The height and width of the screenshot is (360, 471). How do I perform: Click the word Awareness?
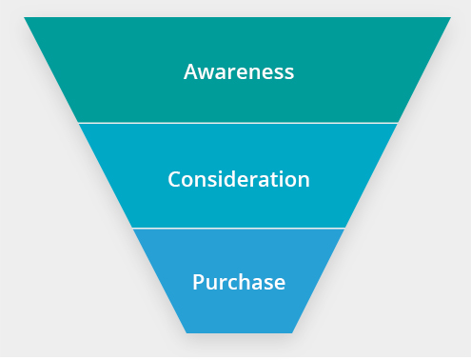pos(239,71)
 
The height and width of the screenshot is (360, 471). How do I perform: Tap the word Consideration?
pos(239,178)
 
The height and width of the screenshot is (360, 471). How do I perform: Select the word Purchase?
pos(239,282)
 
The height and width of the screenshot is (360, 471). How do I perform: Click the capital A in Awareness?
pos(191,71)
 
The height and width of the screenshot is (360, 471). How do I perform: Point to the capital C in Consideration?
pos(174,178)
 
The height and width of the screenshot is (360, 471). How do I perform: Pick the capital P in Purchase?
pos(198,282)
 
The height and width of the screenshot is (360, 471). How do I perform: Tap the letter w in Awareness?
pos(207,72)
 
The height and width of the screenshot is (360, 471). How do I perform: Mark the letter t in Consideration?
pos(279,178)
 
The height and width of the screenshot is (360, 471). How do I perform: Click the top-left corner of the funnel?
pos(25,18)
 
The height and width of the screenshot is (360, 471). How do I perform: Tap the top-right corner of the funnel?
pos(449,18)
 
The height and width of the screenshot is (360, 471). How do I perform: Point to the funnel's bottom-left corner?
pos(186,332)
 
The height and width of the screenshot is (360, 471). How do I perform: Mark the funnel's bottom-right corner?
pos(291,332)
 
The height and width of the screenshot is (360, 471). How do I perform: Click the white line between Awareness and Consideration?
pos(238,123)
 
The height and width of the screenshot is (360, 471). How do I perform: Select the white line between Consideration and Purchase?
pos(238,229)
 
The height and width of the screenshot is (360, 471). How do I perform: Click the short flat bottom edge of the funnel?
pos(239,332)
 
